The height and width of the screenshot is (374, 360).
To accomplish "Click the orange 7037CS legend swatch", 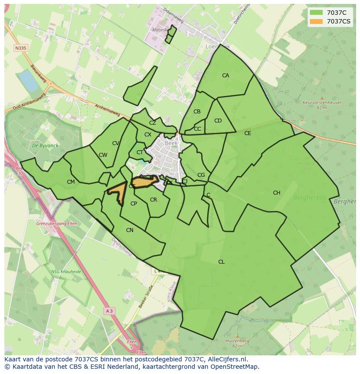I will [317, 21].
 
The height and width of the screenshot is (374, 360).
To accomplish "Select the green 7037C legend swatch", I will [317, 13].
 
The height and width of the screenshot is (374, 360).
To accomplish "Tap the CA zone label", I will [226, 76].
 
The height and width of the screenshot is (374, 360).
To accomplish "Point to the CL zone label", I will [221, 262].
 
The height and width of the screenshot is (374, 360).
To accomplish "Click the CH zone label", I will [277, 193].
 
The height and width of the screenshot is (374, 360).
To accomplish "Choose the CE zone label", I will [247, 133].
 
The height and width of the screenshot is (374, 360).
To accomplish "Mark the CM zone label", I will [71, 182].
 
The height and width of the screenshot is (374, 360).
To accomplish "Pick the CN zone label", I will [130, 230].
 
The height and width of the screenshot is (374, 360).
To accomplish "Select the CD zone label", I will [218, 121].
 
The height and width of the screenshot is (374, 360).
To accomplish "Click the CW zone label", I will [103, 155].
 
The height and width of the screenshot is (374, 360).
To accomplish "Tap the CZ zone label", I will [152, 123].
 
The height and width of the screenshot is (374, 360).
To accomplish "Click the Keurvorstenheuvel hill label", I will [322, 103].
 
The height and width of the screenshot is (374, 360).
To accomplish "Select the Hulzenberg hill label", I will [237, 341].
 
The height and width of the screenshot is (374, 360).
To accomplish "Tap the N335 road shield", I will [20, 48].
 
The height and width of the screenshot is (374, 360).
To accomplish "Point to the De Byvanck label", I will [42, 146].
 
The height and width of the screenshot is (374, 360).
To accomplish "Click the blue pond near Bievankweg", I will [28, 80].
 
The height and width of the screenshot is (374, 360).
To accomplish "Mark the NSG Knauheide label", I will [67, 271].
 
